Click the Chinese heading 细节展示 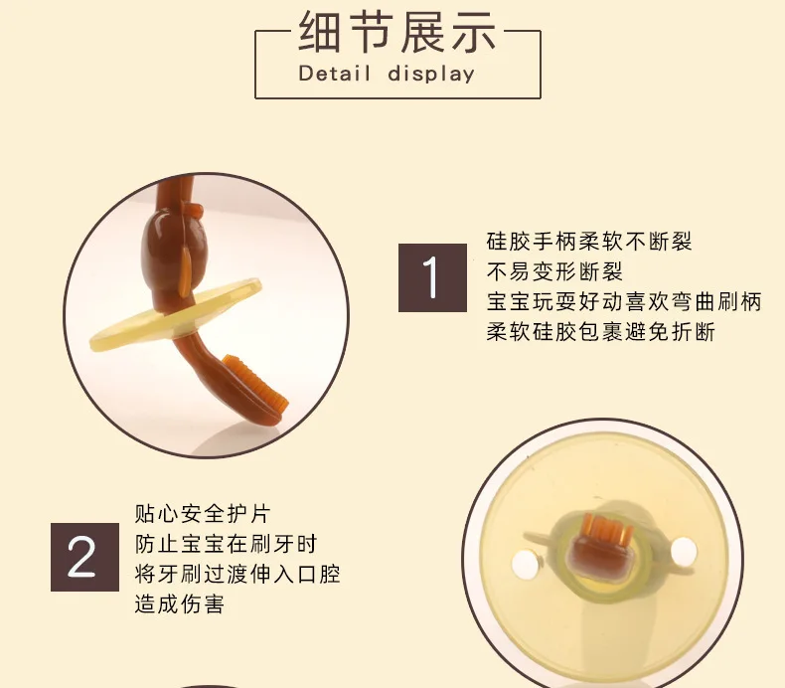click(397, 32)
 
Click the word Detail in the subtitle click(335, 74)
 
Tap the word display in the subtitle click(431, 75)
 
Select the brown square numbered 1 click(432, 278)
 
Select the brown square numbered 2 click(84, 557)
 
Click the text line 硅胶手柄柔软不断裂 click(589, 242)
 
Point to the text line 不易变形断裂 click(554, 271)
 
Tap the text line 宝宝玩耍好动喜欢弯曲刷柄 click(624, 301)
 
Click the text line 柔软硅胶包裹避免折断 click(601, 332)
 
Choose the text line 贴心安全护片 click(203, 514)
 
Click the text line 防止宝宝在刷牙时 click(226, 544)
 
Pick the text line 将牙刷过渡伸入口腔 click(237, 574)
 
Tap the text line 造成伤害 click(179, 603)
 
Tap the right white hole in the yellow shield click(684, 550)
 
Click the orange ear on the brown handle click(185, 273)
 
